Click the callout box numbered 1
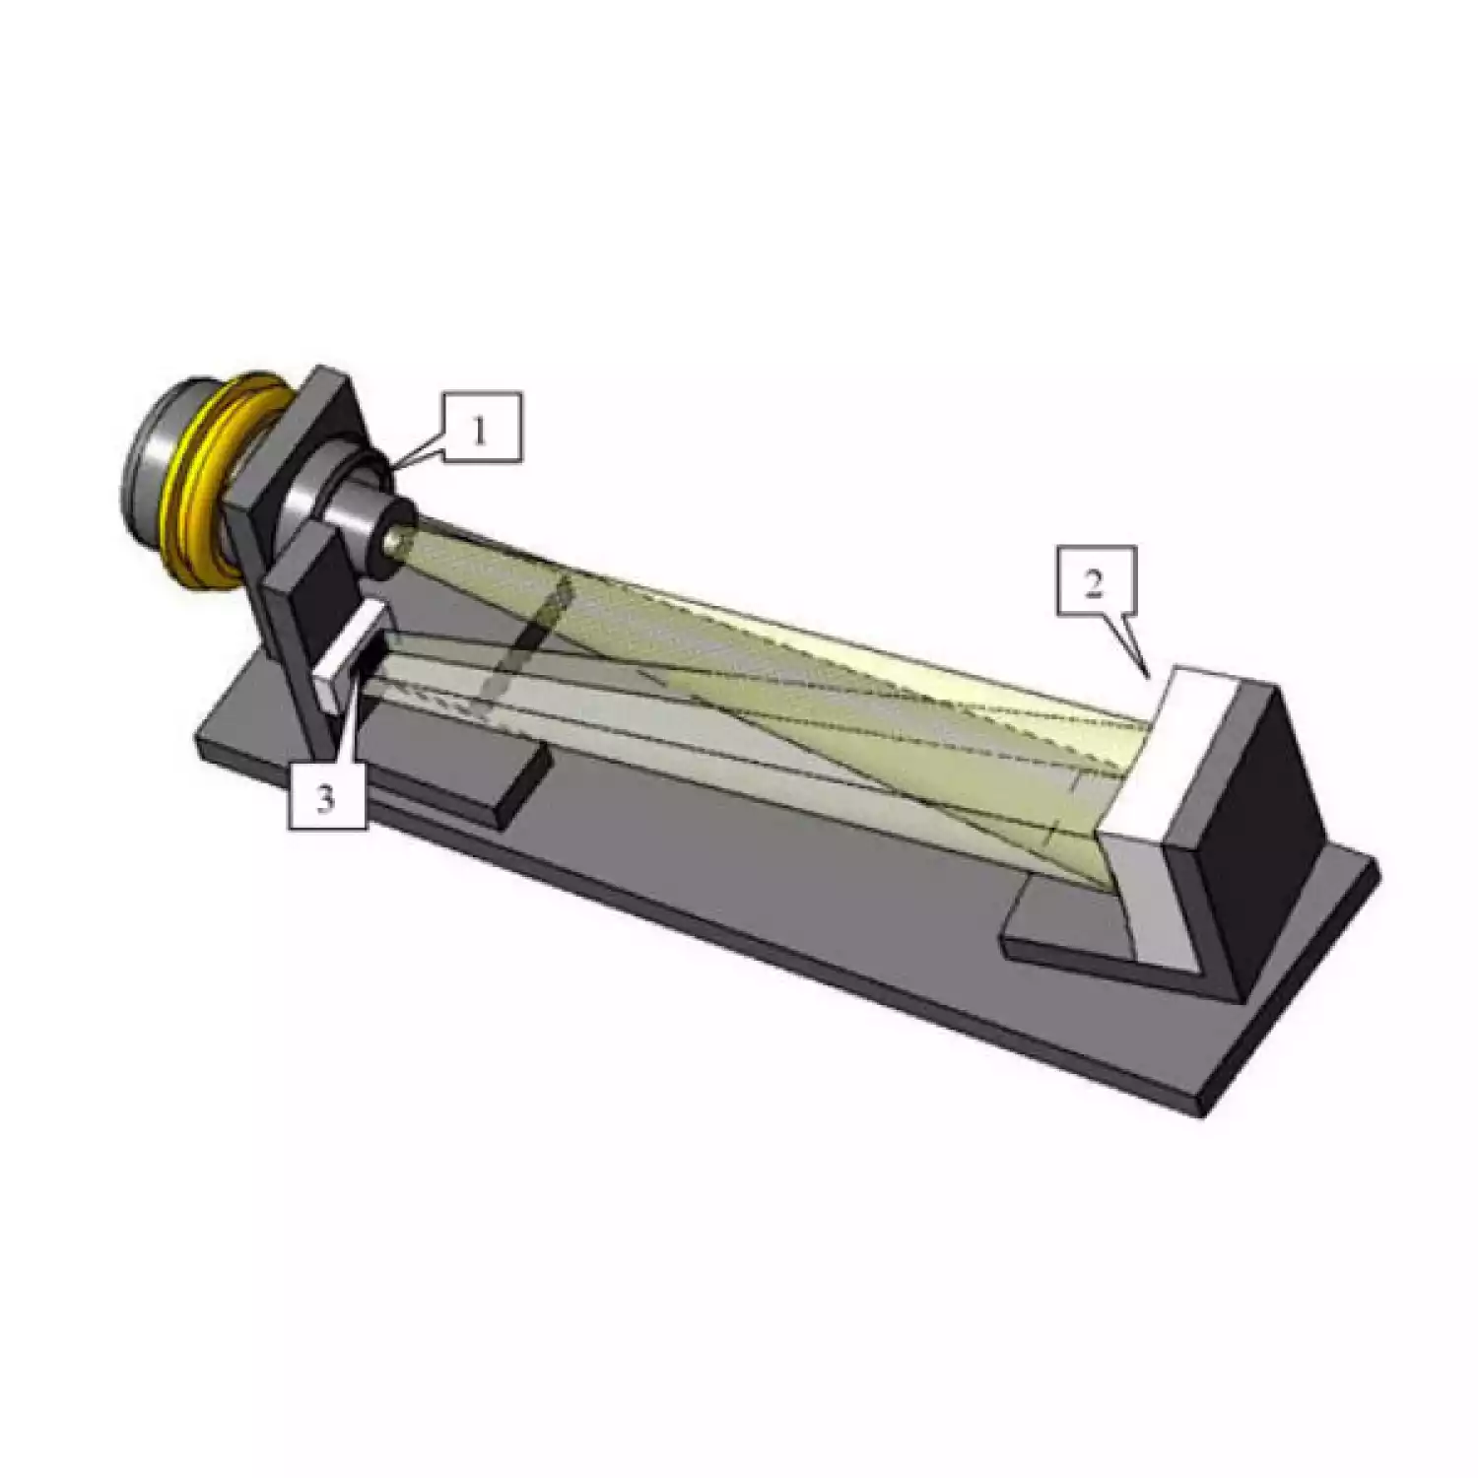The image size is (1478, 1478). pos(480,428)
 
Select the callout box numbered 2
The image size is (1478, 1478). pos(1095,581)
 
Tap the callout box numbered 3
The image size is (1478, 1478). pos(327,796)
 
